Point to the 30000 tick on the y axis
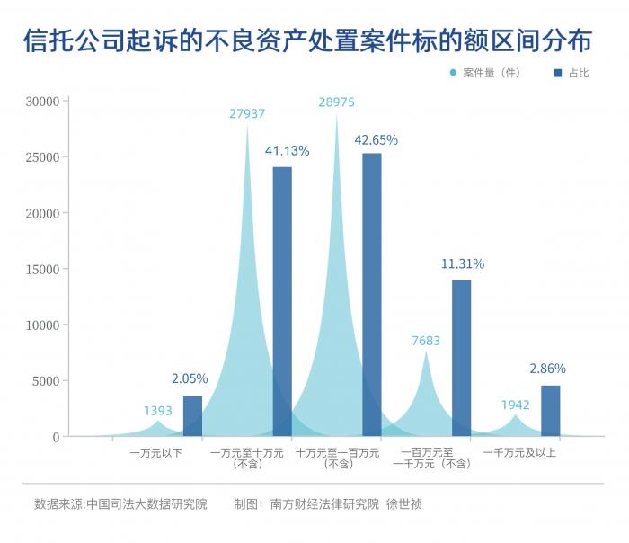42,102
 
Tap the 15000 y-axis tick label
42,269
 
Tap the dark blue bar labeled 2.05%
192,415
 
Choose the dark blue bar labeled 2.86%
550,411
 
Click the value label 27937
247,113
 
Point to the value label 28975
336,102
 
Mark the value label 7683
426,341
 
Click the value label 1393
158,411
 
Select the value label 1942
515,405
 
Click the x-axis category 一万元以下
156,452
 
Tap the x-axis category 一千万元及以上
519,452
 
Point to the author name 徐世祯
404,504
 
